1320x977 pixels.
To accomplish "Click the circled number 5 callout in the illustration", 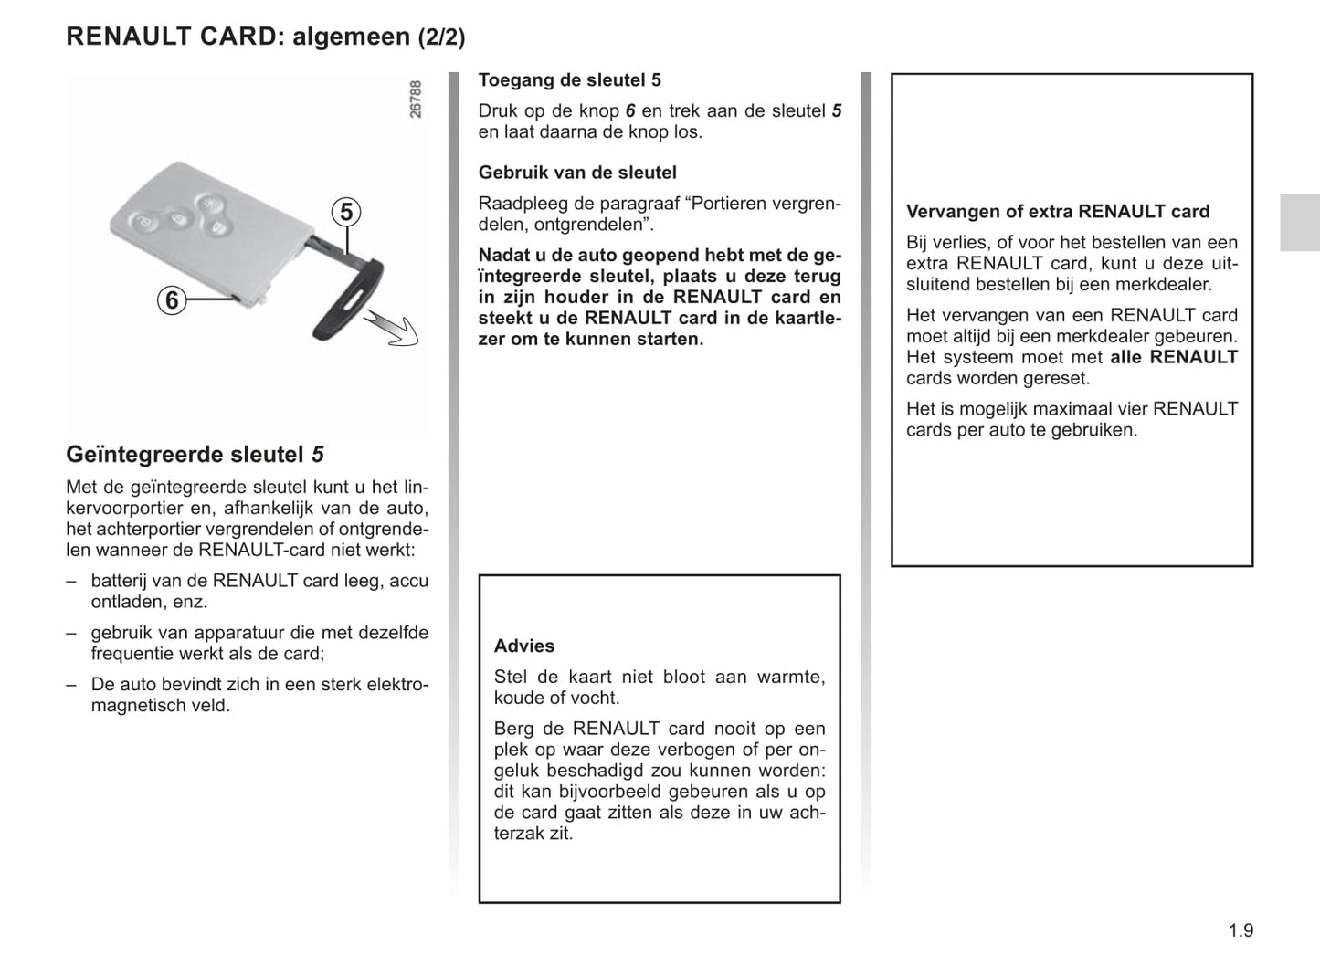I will pyautogui.click(x=346, y=213).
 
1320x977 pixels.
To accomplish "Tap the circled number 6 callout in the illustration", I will pyautogui.click(x=172, y=299).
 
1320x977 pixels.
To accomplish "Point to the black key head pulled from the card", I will pyautogui.click(x=348, y=301).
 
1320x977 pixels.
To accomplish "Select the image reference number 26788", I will pyautogui.click(x=416, y=99).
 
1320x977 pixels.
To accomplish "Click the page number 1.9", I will pyautogui.click(x=1241, y=930).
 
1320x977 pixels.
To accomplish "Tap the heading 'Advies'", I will pyautogui.click(x=524, y=646).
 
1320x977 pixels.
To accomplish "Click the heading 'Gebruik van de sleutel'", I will pyautogui.click(x=577, y=173).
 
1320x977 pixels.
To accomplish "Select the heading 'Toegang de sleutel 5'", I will pyautogui.click(x=569, y=80).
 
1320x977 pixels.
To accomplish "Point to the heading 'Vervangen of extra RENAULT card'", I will pyautogui.click(x=1057, y=212).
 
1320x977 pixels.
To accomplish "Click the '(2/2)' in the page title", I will pyautogui.click(x=441, y=37).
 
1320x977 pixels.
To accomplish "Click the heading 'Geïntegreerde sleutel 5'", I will pyautogui.click(x=195, y=455).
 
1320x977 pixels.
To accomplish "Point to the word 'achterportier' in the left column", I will pyautogui.click(x=148, y=530).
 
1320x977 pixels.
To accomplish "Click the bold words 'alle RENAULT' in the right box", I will pyautogui.click(x=1174, y=358).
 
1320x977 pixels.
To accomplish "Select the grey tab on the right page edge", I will pyautogui.click(x=1299, y=222).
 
